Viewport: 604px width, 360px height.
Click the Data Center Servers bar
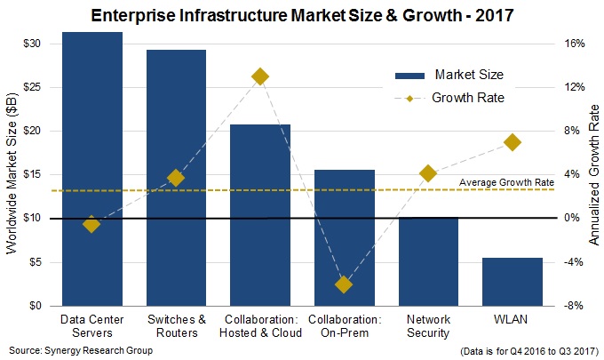(91, 169)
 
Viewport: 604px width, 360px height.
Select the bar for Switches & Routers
(176, 178)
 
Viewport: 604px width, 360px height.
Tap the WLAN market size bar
(513, 282)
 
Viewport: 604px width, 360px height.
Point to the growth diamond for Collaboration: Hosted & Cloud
(260, 76)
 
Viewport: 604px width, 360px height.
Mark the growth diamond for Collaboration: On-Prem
(344, 284)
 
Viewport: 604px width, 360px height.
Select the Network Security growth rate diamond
(428, 173)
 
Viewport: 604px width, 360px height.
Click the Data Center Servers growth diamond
(91, 224)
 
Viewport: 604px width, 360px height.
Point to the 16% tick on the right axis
(573, 44)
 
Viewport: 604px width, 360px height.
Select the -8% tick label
(573, 306)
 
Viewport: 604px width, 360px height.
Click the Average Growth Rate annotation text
(506, 183)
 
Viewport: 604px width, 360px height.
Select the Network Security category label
(428, 325)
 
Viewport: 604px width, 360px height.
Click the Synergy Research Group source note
(67, 349)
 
